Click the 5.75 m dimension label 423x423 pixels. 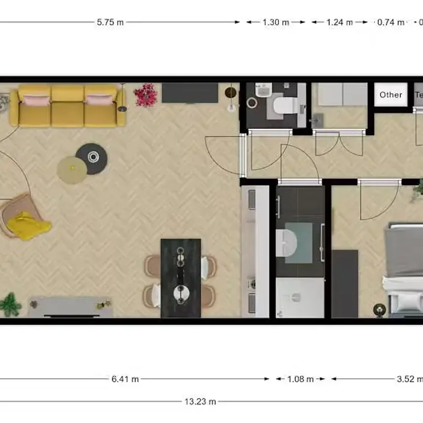(x=110, y=22)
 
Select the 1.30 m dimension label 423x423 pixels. (x=276, y=22)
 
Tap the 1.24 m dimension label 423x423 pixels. (x=339, y=22)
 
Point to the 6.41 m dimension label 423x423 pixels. (x=125, y=379)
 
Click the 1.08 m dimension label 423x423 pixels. (x=300, y=379)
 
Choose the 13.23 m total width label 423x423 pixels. (x=201, y=401)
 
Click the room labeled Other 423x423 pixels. (x=390, y=95)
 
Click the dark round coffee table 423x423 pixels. (x=92, y=158)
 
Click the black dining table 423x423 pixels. (x=181, y=278)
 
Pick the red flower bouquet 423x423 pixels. (x=146, y=94)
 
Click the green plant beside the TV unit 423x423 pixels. (x=10, y=304)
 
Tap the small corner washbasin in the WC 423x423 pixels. (x=264, y=90)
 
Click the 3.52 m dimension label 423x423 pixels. (x=409, y=379)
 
